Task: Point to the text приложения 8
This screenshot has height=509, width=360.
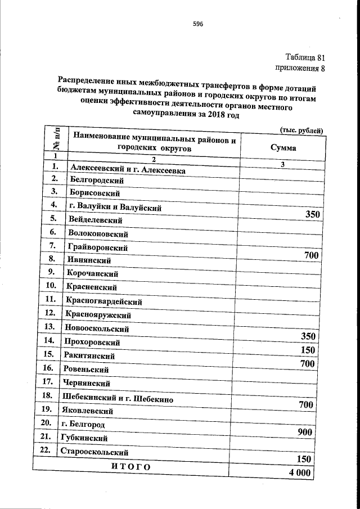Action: pos(300,68)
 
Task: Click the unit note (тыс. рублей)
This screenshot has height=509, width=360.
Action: pos(301,130)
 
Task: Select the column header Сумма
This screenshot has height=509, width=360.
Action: pos(283,148)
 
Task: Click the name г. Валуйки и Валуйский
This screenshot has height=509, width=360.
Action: pos(114,208)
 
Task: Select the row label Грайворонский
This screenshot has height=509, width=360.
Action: pos(97,247)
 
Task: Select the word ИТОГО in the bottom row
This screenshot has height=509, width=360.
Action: pos(130,467)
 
